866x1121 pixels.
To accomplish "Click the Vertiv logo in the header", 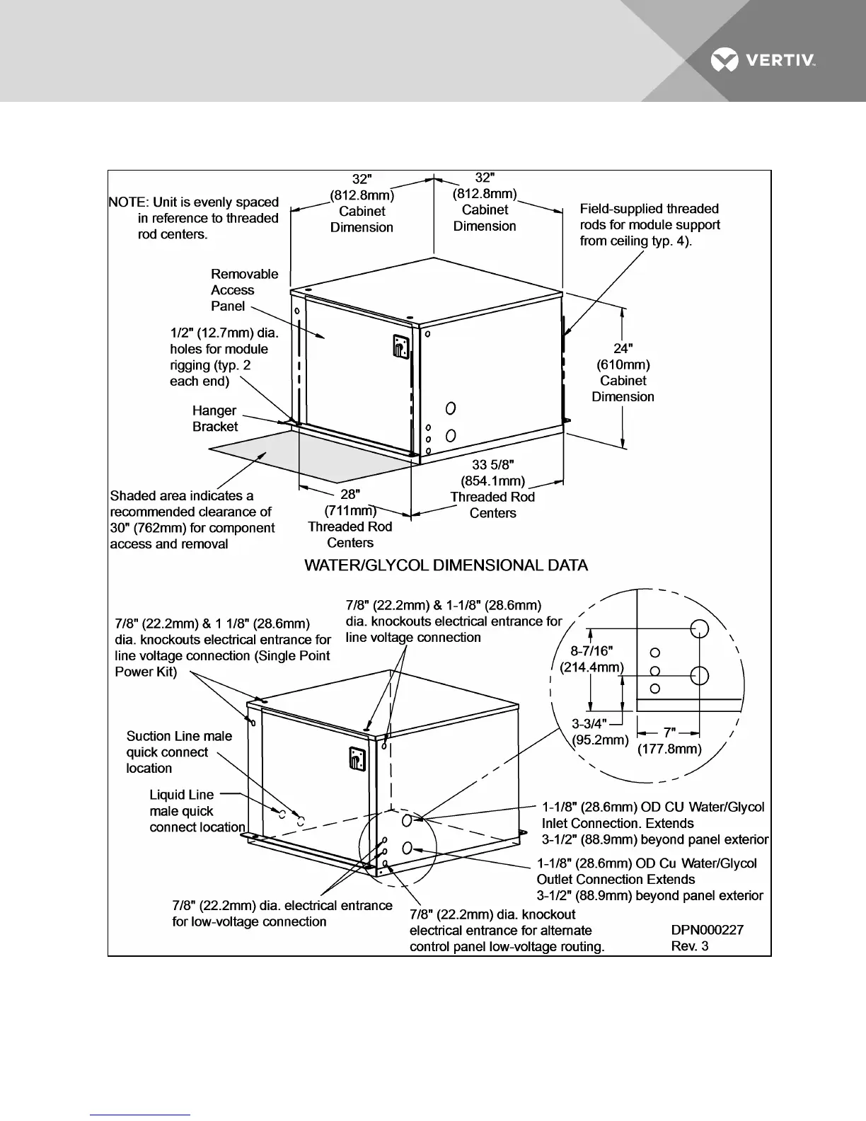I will tap(763, 61).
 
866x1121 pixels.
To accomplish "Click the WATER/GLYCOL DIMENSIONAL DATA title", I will tap(446, 565).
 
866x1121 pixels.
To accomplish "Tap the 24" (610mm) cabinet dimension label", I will tap(623, 372).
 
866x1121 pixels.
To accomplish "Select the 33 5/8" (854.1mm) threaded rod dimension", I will tap(492, 489).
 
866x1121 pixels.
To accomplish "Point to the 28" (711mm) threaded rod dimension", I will tap(350, 518).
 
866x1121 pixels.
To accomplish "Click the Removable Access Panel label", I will tap(244, 290).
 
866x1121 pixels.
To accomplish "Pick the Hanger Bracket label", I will tap(215, 418).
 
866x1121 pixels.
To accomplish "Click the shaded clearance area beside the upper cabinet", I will tap(297, 456).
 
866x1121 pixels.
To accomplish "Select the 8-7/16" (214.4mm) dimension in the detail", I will tap(591, 659).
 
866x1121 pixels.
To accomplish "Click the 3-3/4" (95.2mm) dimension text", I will tap(600, 732).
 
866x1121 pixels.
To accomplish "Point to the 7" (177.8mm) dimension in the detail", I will tap(669, 740).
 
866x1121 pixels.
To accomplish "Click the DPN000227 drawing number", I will tap(707, 930).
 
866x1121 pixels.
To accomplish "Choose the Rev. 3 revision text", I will tap(689, 946).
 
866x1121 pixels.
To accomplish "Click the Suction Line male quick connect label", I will tap(179, 752).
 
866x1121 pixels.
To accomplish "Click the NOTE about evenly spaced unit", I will tap(195, 218).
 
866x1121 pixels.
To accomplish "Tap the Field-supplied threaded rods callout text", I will tap(649, 225).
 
